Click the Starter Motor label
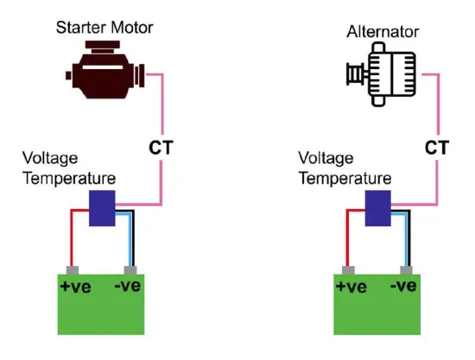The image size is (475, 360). (x=104, y=28)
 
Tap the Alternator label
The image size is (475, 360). (x=383, y=32)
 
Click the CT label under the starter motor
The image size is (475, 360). (x=161, y=148)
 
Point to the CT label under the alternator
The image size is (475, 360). (x=437, y=148)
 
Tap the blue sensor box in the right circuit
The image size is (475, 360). (x=377, y=208)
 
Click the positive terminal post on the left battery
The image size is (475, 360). (x=73, y=269)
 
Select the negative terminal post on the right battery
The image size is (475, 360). (x=405, y=269)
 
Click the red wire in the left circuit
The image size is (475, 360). (x=73, y=237)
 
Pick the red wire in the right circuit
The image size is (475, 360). (x=349, y=237)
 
